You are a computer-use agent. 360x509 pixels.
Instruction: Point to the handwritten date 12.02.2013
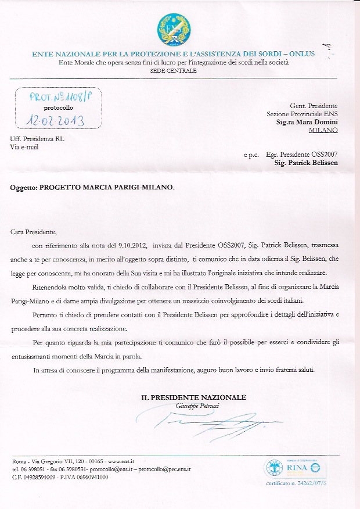tap(56, 120)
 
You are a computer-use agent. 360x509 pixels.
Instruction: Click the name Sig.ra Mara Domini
tap(307, 123)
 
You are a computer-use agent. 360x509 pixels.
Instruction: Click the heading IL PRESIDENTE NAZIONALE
tap(194, 397)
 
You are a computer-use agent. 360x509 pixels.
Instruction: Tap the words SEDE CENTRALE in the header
tap(174, 70)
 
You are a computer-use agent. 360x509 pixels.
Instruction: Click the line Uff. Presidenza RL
tap(34, 139)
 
